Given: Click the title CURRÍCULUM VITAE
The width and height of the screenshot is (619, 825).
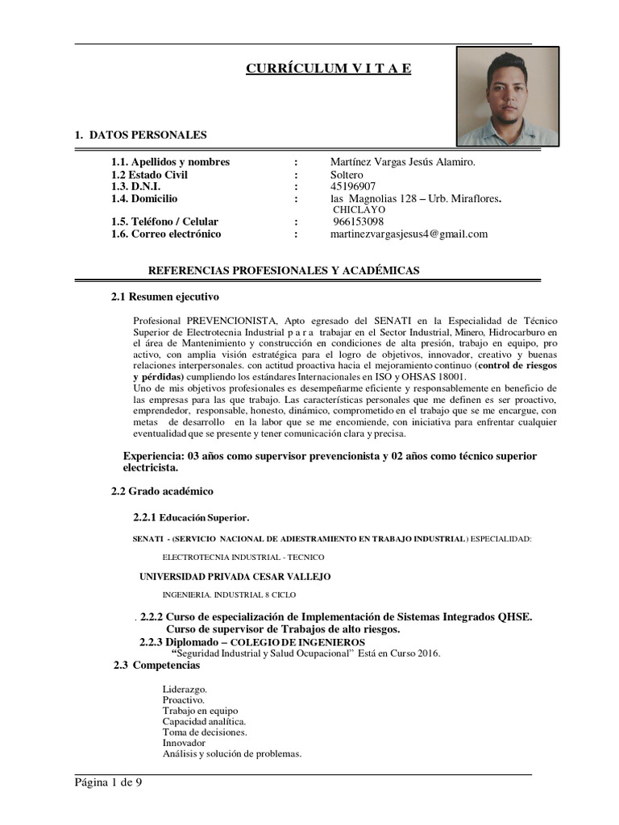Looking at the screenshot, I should pyautogui.click(x=328, y=68).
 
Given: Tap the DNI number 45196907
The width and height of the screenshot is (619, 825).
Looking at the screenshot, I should pyautogui.click(x=353, y=186).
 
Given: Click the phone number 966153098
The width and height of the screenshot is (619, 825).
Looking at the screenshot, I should pyautogui.click(x=358, y=222).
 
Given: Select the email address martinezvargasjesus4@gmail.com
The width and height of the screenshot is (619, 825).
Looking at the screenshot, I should pyautogui.click(x=409, y=234).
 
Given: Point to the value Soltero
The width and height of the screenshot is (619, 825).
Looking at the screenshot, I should pyautogui.click(x=347, y=174).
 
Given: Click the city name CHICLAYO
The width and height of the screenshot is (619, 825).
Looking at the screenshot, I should pyautogui.click(x=359, y=209).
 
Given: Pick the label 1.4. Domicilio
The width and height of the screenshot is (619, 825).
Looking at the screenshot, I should pyautogui.click(x=144, y=198).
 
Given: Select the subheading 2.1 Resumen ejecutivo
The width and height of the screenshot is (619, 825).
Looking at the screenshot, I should pyautogui.click(x=164, y=296).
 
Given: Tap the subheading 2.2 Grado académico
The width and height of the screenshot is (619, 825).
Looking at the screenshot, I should pyautogui.click(x=162, y=491).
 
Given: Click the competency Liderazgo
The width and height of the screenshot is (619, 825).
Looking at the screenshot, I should pyautogui.click(x=185, y=690).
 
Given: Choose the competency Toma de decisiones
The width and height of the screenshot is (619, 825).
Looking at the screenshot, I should pyautogui.click(x=205, y=732).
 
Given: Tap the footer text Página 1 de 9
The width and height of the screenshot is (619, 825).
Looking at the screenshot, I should pyautogui.click(x=109, y=781).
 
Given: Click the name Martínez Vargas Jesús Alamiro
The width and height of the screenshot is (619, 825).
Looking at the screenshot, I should pyautogui.click(x=403, y=162).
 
